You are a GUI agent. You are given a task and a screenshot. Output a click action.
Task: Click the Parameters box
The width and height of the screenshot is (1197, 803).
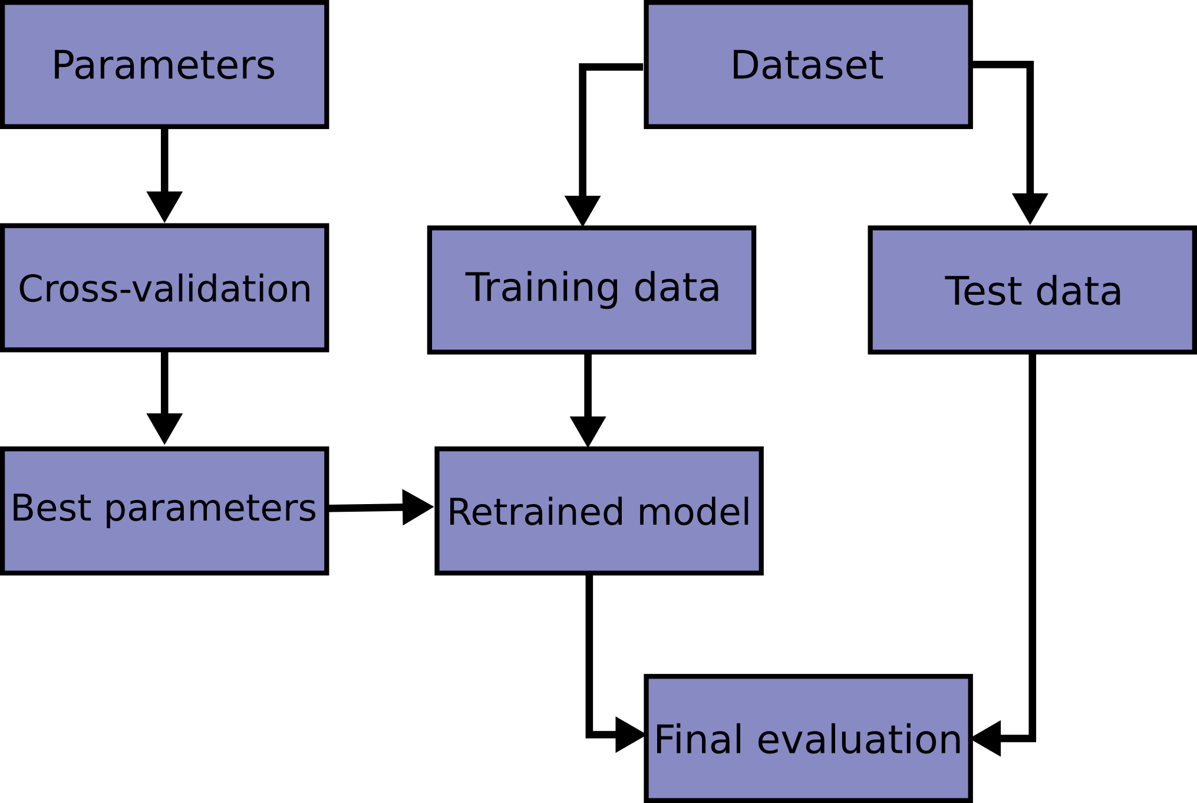tap(164, 65)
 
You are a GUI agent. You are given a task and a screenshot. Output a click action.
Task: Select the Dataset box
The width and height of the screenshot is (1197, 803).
tap(807, 65)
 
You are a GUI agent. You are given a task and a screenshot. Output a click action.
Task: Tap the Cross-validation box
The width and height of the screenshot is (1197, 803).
tap(164, 288)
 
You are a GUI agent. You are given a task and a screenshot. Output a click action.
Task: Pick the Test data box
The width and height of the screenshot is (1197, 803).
tap(1031, 290)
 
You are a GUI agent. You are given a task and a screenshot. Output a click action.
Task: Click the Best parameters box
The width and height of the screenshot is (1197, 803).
tap(164, 511)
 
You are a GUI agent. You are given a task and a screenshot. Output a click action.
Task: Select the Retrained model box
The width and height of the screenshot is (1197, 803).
tap(599, 511)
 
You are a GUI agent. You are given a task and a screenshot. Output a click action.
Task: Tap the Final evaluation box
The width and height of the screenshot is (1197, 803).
tap(807, 738)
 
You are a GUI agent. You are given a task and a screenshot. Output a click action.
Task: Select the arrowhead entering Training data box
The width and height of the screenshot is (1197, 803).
tap(582, 209)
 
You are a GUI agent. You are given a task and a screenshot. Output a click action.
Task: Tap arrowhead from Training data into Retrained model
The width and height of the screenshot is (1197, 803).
tap(588, 430)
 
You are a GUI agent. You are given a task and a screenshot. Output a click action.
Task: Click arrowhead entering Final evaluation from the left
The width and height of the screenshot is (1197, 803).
tap(628, 735)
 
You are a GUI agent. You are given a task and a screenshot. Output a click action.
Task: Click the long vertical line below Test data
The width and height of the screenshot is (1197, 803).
tap(1033, 531)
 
